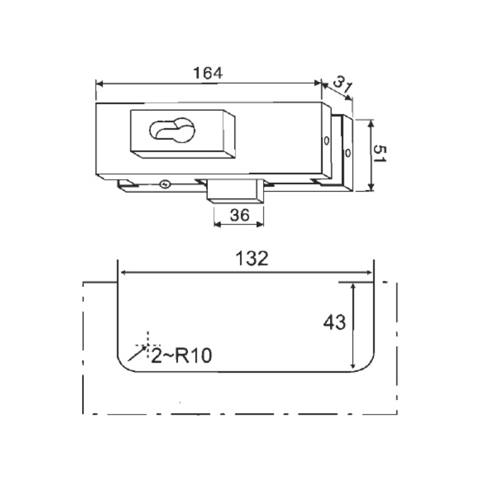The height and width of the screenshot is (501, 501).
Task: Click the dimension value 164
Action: (x=208, y=73)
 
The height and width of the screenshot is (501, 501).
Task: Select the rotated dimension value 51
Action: (x=380, y=153)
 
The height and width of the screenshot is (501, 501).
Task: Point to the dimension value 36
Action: (x=239, y=215)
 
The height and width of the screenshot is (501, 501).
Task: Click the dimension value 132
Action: (x=252, y=259)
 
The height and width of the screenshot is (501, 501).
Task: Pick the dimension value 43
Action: (x=334, y=322)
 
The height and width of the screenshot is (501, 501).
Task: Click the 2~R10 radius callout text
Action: (x=181, y=356)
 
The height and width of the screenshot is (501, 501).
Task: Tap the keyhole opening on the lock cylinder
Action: (x=172, y=130)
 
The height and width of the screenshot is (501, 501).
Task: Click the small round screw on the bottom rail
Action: (x=165, y=184)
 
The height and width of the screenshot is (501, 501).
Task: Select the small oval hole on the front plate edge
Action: (x=326, y=140)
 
